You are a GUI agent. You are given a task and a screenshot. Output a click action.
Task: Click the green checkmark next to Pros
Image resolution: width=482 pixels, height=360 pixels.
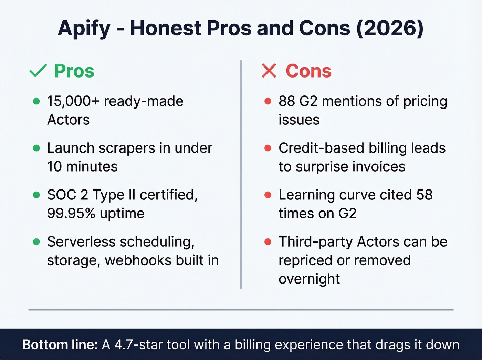point(38,71)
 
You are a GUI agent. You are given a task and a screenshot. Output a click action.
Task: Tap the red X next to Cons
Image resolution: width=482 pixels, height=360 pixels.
point(269,71)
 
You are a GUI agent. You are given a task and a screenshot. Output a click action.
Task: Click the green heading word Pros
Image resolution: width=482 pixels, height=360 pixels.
point(74,71)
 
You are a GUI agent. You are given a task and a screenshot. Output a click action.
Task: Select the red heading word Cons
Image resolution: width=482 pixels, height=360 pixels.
point(308,71)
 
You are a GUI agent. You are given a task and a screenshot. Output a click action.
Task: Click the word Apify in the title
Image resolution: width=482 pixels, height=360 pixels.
point(84,29)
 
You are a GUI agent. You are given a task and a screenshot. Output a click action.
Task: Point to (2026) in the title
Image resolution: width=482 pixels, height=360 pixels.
point(389,29)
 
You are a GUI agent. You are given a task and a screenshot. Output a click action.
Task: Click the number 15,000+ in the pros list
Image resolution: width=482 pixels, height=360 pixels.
point(73,101)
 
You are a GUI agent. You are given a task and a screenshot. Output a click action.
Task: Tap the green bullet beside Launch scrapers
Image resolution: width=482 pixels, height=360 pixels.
point(36,148)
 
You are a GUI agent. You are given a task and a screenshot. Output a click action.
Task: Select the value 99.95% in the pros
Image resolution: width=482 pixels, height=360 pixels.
point(71,214)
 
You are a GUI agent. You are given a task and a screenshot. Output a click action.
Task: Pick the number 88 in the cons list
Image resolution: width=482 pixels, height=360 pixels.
point(287,101)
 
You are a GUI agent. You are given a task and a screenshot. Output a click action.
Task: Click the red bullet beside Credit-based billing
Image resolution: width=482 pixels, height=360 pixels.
point(268,148)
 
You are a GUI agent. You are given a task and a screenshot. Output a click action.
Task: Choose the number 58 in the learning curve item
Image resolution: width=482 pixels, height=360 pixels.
point(424,195)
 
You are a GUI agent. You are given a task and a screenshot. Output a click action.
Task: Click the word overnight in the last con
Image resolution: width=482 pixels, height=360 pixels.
point(309,279)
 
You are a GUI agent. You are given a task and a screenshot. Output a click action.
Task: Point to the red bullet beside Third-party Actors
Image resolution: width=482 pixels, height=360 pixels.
point(268,242)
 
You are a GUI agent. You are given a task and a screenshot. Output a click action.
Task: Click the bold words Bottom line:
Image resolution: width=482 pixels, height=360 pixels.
point(60,345)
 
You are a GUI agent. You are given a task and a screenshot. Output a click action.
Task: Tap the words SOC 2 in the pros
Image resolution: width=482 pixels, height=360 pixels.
point(67,195)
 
